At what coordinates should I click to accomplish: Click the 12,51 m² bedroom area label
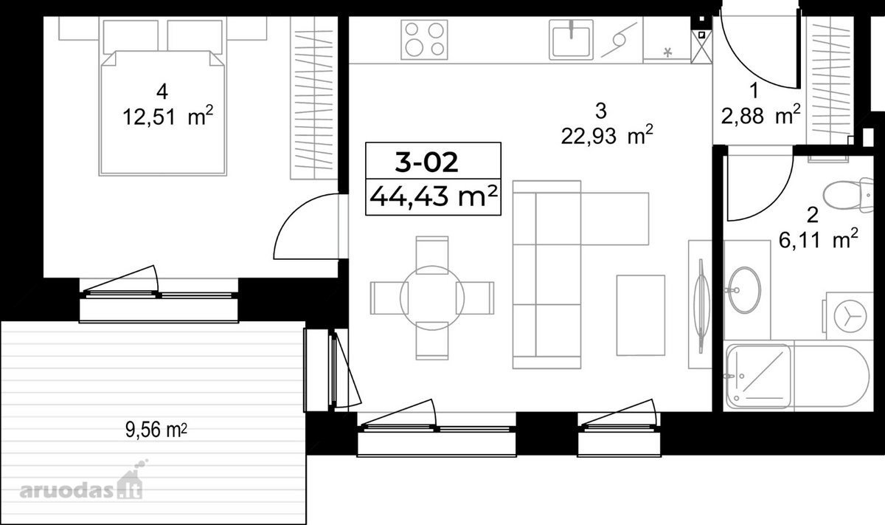tap(168, 117)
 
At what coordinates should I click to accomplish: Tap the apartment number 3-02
tap(427, 162)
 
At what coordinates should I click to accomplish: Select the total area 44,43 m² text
tap(433, 196)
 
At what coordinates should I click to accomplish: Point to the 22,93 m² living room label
tap(607, 135)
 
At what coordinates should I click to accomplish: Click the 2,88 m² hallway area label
tap(760, 115)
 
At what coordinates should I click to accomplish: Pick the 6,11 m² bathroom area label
tap(818, 239)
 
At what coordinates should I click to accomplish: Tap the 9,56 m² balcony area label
tap(156, 430)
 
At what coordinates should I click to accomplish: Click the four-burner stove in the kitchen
tap(424, 40)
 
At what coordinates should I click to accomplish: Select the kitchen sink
tap(572, 40)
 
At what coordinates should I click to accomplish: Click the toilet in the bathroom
tap(848, 195)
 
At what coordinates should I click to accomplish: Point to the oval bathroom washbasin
tap(744, 290)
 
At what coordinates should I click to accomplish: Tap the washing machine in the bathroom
tap(849, 316)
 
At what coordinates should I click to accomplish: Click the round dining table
tap(432, 298)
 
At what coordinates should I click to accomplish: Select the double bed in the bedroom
tap(162, 113)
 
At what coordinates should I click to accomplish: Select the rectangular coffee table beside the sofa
tap(641, 315)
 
